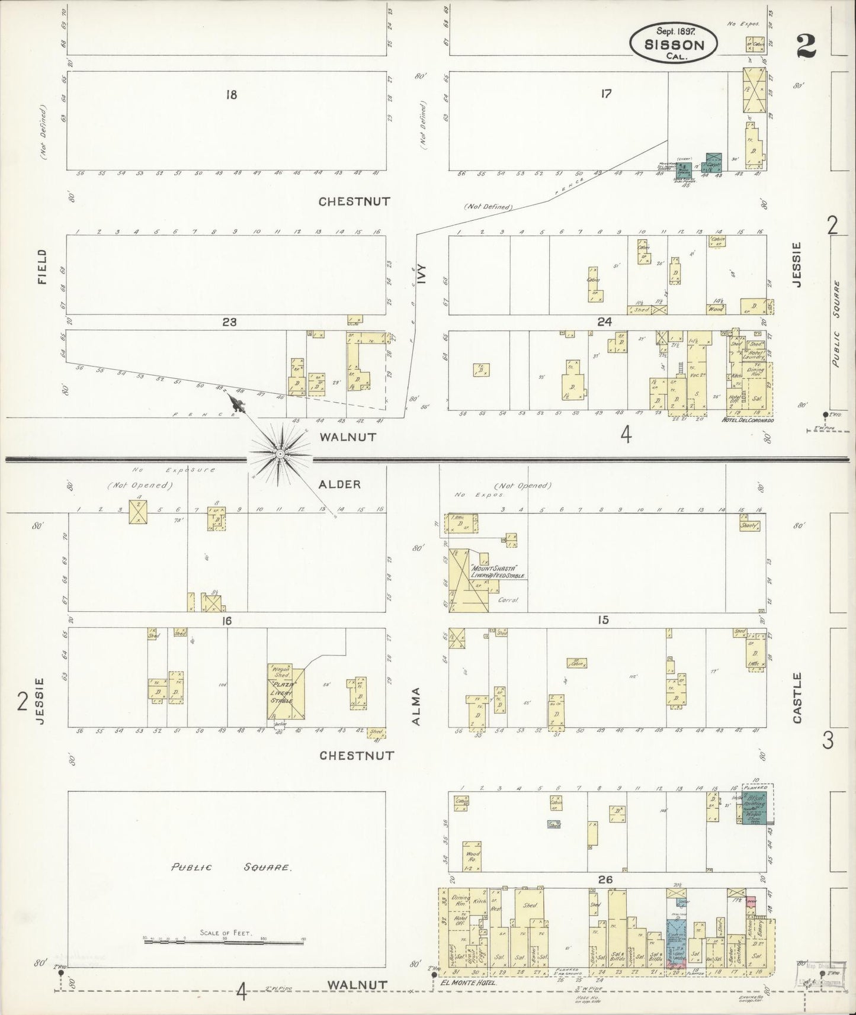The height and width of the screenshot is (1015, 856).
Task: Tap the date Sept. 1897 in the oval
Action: pos(673,30)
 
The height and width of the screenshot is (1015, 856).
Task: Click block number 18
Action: pos(231,94)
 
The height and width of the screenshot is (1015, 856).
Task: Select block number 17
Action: pos(605,93)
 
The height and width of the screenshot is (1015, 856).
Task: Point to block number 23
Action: pos(229,322)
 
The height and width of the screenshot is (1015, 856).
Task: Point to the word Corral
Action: pos(508,599)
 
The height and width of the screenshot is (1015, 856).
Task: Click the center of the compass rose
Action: pos(280,454)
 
